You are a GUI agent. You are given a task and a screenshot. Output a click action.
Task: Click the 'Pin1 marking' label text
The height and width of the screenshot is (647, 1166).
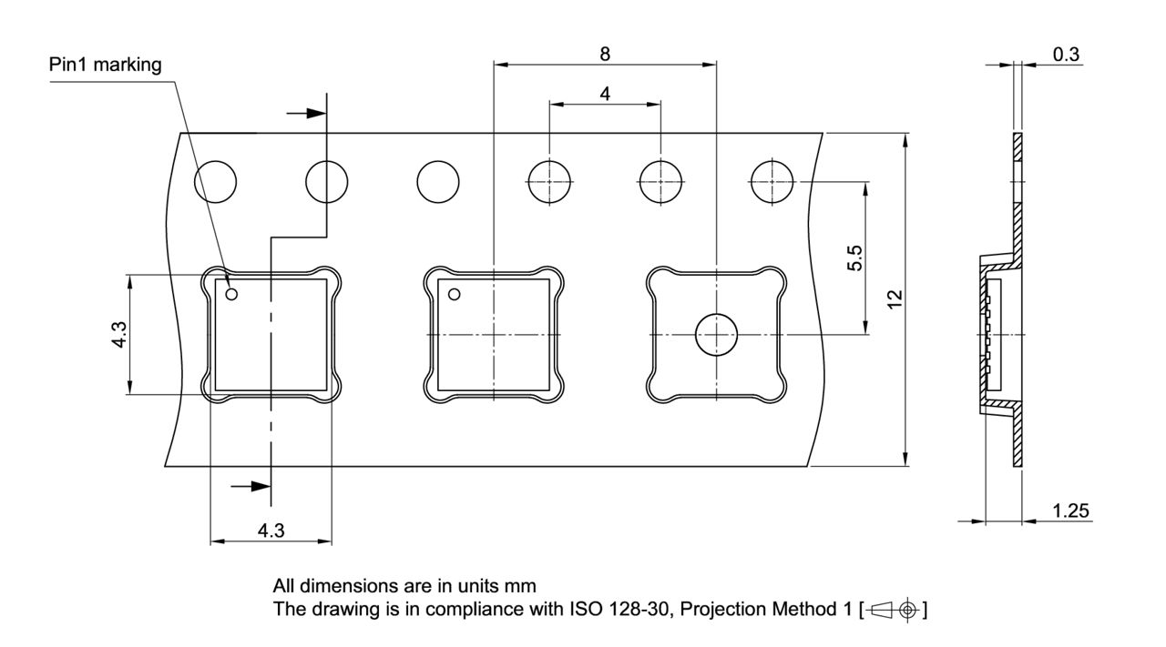[x=106, y=65]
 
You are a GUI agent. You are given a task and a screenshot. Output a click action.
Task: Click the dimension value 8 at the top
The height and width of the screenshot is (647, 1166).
[x=605, y=53]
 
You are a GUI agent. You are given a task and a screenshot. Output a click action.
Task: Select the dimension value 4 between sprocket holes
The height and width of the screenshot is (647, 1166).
[x=605, y=93]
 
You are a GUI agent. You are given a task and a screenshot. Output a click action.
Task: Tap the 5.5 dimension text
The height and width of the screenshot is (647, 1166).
[x=854, y=258]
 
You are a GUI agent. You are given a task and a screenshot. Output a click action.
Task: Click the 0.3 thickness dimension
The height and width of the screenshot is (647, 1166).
[x=1066, y=55]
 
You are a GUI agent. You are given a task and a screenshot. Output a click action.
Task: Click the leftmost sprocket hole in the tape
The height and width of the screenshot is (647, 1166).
[x=215, y=181]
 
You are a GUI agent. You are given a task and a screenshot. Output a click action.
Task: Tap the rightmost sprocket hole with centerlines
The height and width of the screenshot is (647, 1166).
[x=772, y=181]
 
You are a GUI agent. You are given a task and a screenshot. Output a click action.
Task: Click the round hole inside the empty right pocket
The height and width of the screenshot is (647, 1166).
[x=717, y=335]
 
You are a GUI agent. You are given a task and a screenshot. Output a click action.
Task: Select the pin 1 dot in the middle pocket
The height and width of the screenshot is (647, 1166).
[x=455, y=294]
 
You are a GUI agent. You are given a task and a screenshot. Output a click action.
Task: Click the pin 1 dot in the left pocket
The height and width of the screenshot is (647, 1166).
[x=231, y=294]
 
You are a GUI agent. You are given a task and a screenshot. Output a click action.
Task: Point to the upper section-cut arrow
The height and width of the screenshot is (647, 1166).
[x=306, y=113]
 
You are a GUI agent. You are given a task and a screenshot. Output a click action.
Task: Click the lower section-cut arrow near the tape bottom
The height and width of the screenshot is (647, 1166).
[x=251, y=486]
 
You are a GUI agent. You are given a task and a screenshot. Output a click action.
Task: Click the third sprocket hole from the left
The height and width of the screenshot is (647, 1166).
[x=438, y=181]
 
